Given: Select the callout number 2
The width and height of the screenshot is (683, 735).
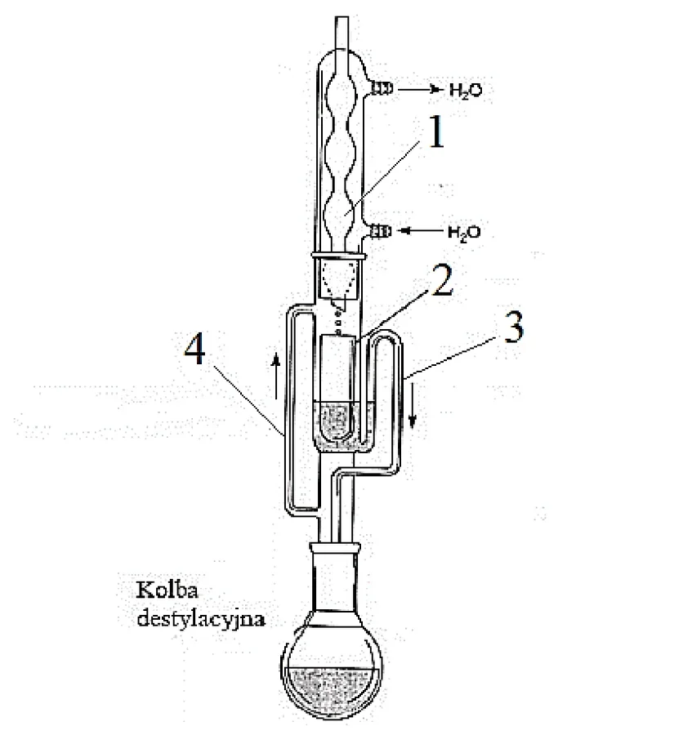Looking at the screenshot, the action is coord(442,280).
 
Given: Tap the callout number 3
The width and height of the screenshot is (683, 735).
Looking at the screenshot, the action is coord(513,327).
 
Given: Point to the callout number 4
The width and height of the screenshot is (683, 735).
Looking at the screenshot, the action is coord(194,349).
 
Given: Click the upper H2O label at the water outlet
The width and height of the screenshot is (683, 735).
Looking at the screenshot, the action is coord(466,90).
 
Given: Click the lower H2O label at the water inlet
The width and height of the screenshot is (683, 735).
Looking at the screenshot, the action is coord(464,233).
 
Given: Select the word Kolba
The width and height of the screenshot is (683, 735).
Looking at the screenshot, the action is coord(167,590).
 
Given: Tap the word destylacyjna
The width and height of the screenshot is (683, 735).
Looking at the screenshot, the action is coord(201,619).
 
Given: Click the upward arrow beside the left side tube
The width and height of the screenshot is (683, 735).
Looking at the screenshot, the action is coord(276,376).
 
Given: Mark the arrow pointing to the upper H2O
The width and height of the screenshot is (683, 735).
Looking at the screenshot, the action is coord(420,88).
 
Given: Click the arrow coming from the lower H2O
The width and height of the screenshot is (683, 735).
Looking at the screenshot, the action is coord(422,230).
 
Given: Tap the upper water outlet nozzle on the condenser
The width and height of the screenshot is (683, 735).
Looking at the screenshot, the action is coord(382,88).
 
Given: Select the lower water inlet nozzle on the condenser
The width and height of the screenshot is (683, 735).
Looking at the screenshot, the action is coord(382,231).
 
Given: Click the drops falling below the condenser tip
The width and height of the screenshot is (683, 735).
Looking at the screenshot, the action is coord(337,318).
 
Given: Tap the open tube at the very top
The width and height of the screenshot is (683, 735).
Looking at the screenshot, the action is coord(342,33).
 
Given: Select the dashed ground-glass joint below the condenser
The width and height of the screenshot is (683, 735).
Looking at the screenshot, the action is coord(337,280).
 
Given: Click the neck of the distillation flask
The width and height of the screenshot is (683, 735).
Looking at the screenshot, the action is coord(334,581).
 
